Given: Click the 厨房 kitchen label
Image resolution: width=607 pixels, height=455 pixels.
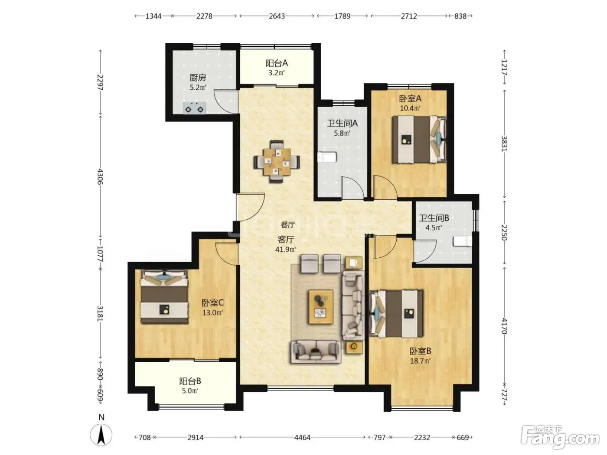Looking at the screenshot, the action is tap(197, 78).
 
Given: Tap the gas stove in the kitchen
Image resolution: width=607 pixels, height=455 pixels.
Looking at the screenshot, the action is tap(194, 108).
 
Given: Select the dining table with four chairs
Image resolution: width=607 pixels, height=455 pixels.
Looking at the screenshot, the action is tap(277, 162).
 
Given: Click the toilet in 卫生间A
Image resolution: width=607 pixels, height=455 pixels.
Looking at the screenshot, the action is tap(326, 157).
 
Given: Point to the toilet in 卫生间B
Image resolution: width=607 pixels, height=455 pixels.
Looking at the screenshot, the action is tap(462, 241).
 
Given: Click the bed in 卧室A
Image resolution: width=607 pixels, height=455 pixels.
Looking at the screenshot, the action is tap(419, 139).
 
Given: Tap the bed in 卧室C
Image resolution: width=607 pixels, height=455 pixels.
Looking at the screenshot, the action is tap(164, 296).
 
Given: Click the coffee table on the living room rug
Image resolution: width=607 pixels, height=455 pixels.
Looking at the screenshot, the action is tap(321, 307).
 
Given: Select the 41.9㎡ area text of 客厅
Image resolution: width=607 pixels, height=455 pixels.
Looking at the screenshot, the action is tap(285, 250).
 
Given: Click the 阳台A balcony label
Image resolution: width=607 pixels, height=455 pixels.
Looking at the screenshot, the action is tap(277, 63).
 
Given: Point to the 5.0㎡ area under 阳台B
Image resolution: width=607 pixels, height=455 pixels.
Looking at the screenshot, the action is tap(190, 391).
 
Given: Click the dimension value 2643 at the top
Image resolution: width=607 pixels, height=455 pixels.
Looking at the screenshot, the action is tap(277, 16).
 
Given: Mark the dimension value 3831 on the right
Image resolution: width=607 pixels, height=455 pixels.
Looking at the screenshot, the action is tap(504, 144).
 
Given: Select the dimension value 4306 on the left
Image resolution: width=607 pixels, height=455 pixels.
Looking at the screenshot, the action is tap(101, 177).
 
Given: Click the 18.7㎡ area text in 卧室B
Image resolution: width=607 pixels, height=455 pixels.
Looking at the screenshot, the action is tap(420, 361).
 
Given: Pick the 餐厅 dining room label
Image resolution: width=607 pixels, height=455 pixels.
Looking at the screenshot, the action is tap(287, 225).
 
